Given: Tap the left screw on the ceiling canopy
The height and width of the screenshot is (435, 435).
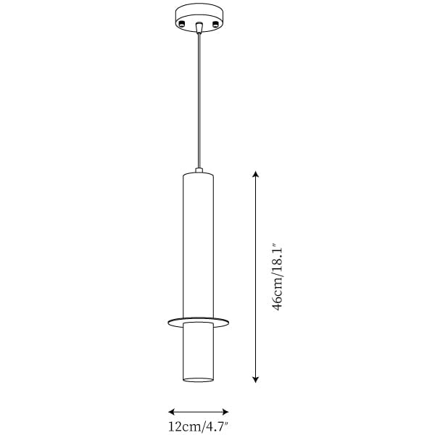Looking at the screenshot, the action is point(182,24).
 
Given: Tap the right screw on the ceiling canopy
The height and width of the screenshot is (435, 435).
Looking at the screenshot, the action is point(215,24).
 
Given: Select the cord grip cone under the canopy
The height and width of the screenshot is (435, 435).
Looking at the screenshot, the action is point(199,28).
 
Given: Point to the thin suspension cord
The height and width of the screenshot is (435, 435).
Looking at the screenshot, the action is point(199,101).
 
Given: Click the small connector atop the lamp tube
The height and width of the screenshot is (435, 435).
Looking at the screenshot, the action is point(199,170).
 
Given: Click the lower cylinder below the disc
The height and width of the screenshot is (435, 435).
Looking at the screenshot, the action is point(199,352).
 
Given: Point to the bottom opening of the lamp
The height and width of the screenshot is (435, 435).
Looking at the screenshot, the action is point(199,379).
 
